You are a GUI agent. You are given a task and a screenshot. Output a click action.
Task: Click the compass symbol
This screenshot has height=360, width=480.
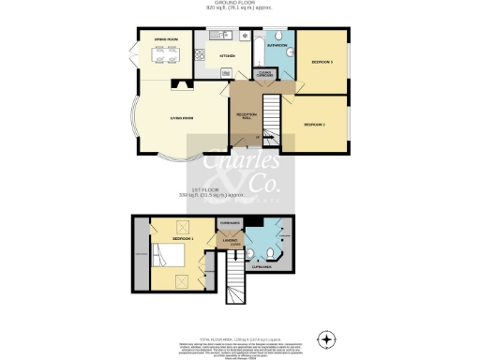tap(325, 338)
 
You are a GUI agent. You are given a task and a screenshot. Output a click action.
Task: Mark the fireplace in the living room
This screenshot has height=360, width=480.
tap(179, 84)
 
